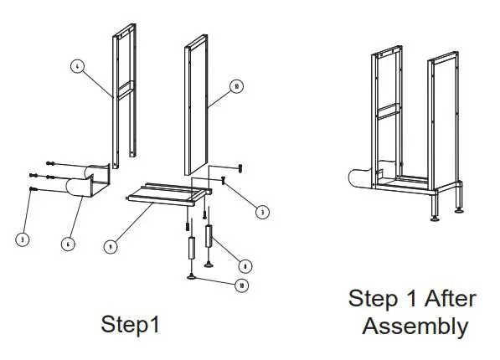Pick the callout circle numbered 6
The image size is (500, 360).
pos(67,244)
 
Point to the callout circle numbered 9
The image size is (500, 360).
pos(109,246)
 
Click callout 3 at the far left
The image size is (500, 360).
pos(22,239)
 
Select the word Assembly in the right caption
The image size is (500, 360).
pos(415,326)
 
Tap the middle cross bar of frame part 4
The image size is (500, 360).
pos(122,86)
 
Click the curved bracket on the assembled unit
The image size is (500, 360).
pos(361,177)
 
